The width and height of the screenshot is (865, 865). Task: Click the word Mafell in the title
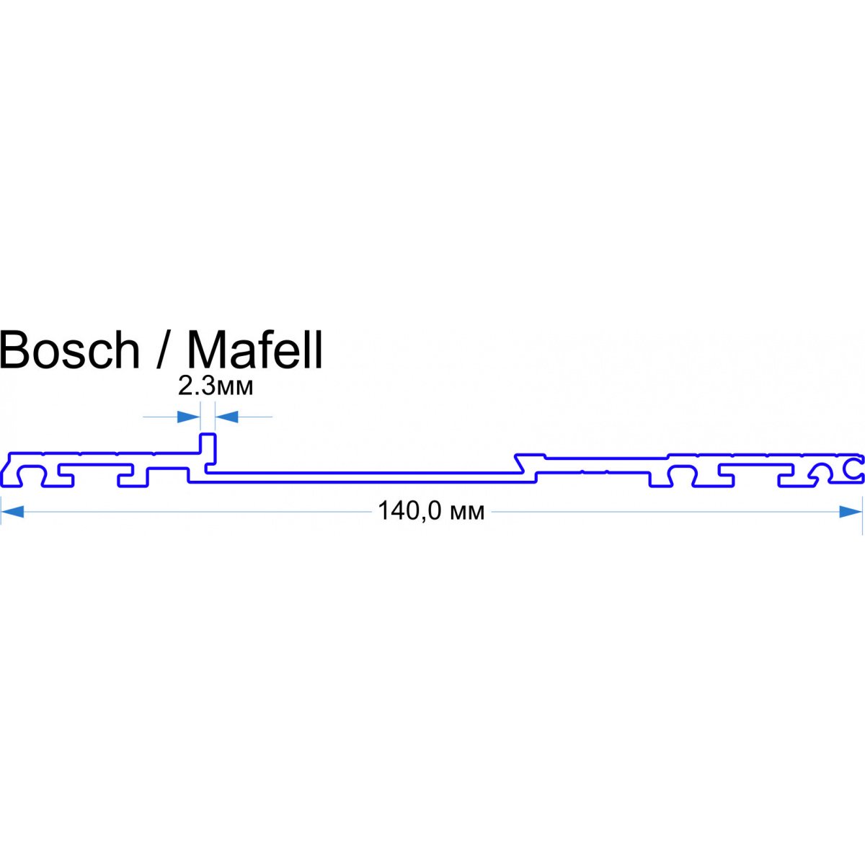[x=255, y=350]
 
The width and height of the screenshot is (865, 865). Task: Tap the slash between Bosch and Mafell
[x=164, y=350]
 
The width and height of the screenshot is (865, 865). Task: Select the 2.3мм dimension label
[x=216, y=387]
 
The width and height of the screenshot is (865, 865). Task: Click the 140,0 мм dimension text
[x=431, y=512]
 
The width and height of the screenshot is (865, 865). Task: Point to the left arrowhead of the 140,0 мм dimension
[x=13, y=512]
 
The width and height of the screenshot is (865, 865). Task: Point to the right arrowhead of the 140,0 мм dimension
[x=851, y=512]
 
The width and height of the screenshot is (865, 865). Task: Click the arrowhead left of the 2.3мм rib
[x=189, y=417]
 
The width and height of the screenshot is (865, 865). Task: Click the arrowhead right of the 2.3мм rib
[x=228, y=417]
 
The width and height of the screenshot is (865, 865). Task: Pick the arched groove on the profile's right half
[x=680, y=476]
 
